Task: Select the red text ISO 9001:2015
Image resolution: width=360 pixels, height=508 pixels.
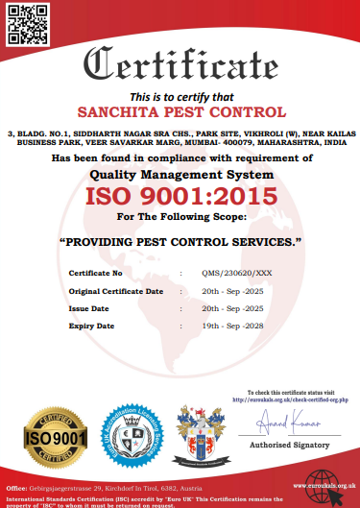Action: click(x=181, y=198)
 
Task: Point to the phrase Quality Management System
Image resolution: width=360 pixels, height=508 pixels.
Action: click(x=181, y=176)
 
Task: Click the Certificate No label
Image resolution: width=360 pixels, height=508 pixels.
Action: click(x=95, y=274)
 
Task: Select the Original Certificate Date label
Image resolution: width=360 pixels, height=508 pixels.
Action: click(x=116, y=291)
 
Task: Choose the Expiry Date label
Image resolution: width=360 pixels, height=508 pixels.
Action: click(x=92, y=326)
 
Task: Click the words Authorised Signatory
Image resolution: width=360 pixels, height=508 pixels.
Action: click(x=291, y=446)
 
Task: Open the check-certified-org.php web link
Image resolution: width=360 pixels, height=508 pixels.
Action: click(x=292, y=399)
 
